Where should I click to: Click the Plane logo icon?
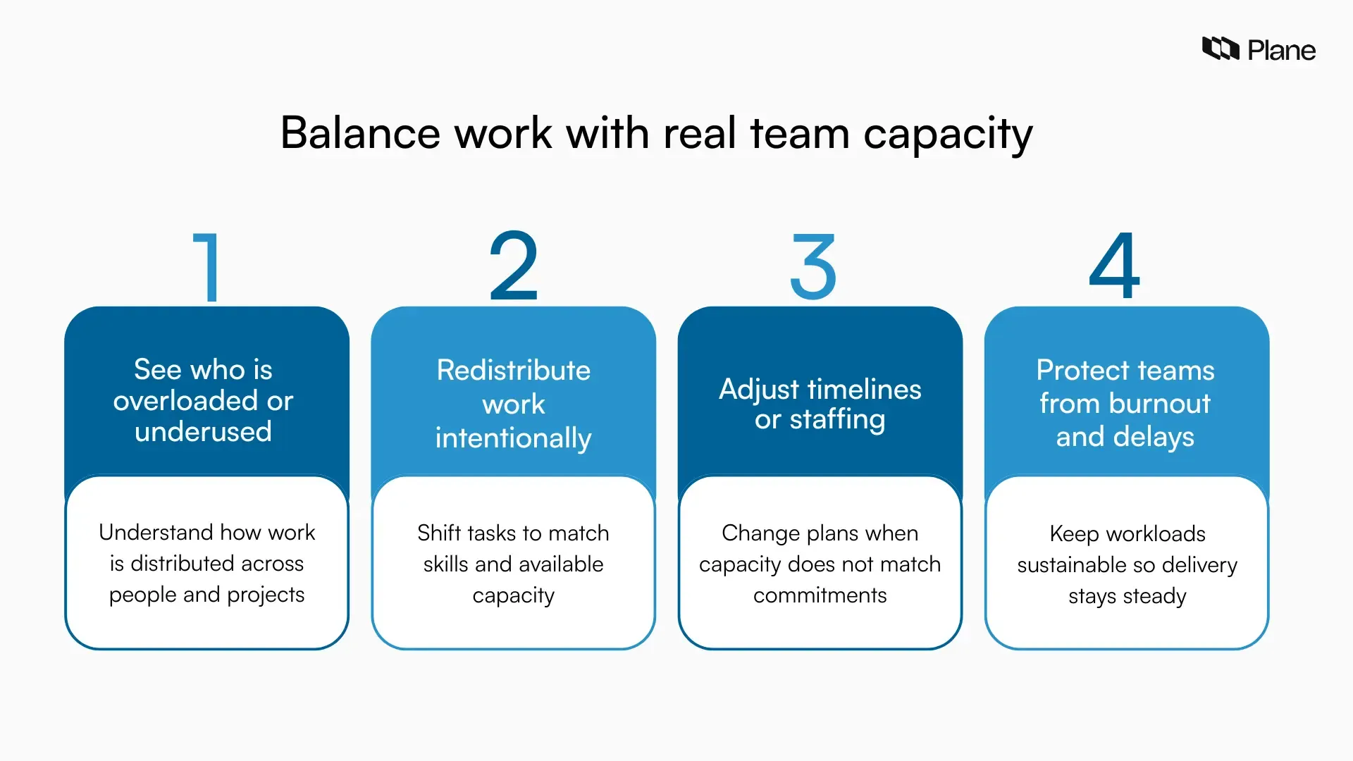click(1220, 49)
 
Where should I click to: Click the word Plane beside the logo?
click(1281, 51)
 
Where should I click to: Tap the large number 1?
click(207, 267)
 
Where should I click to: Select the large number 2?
click(514, 266)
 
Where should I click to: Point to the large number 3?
click(813, 267)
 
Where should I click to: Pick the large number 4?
click(1114, 266)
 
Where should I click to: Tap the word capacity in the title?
click(948, 134)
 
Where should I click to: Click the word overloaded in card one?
click(185, 400)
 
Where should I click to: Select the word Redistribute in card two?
click(513, 370)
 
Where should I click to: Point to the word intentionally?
click(513, 438)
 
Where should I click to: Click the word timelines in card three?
click(864, 389)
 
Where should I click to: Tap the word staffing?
click(837, 420)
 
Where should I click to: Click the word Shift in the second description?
click(438, 533)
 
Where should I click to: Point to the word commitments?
click(820, 595)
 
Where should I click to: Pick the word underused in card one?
click(203, 431)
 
